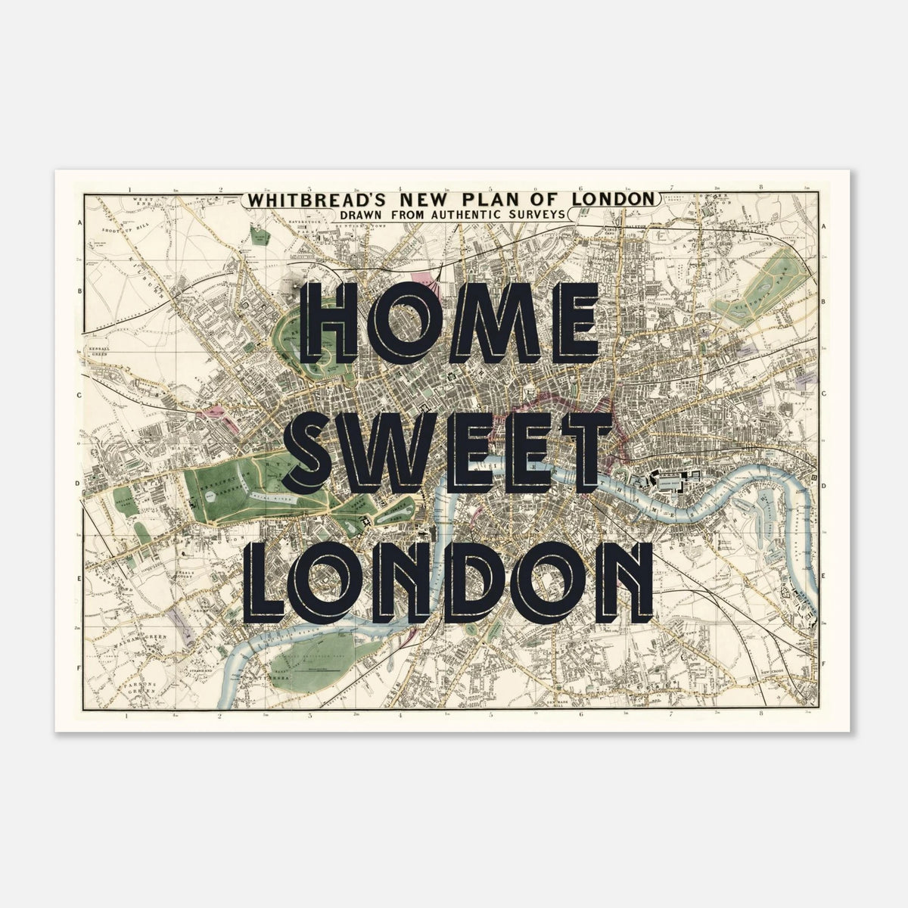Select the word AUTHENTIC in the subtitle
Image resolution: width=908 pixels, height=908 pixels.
pyautogui.click(x=459, y=214)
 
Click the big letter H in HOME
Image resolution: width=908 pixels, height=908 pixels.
pyautogui.click(x=332, y=327)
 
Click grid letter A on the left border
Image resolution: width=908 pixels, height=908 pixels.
pyautogui.click(x=79, y=222)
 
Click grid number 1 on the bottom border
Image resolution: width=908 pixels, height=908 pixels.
pyautogui.click(x=129, y=714)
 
